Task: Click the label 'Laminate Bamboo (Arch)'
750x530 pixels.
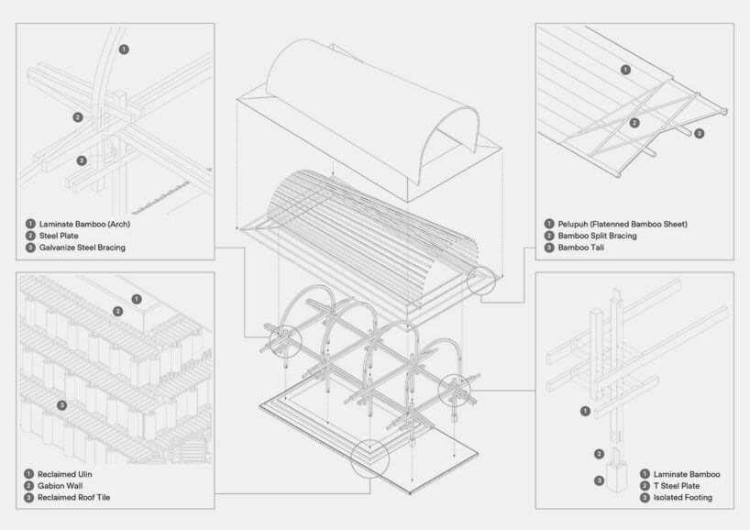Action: [82, 223]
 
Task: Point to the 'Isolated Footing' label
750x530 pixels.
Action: [681, 498]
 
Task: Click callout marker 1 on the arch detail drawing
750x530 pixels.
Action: [125, 48]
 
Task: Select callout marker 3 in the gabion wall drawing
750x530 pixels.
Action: [61, 404]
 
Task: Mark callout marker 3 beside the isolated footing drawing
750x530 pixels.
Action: [599, 480]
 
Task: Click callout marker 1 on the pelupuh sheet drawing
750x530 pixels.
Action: [625, 69]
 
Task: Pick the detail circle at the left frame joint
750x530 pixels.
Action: [281, 343]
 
